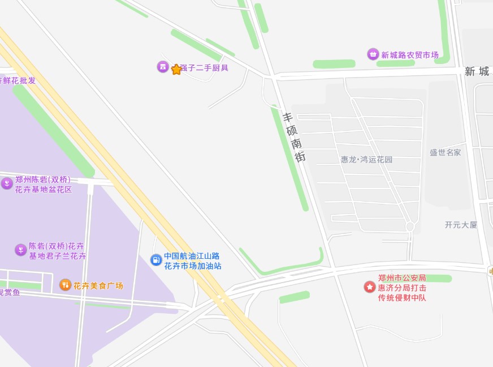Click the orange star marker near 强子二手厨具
tap(176, 69)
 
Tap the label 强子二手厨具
tap(204, 68)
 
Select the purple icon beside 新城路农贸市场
tap(373, 54)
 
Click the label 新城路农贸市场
tap(410, 55)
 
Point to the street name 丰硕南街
tap(294, 137)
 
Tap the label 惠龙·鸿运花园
tap(366, 160)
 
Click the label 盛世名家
tap(445, 152)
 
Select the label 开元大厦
tap(461, 225)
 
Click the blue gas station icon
tap(156, 260)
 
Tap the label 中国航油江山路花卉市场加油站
tap(193, 261)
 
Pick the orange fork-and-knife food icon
tap(65, 284)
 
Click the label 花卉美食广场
tap(98, 285)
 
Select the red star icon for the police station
tap(369, 287)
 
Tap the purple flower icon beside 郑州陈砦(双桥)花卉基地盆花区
tap(7, 183)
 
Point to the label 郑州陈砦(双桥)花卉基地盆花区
tap(44, 185)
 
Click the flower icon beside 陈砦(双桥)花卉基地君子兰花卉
tap(21, 250)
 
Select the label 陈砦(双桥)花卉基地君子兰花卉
tap(57, 251)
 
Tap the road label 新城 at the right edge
tap(478, 71)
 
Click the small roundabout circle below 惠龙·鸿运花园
tap(410, 227)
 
